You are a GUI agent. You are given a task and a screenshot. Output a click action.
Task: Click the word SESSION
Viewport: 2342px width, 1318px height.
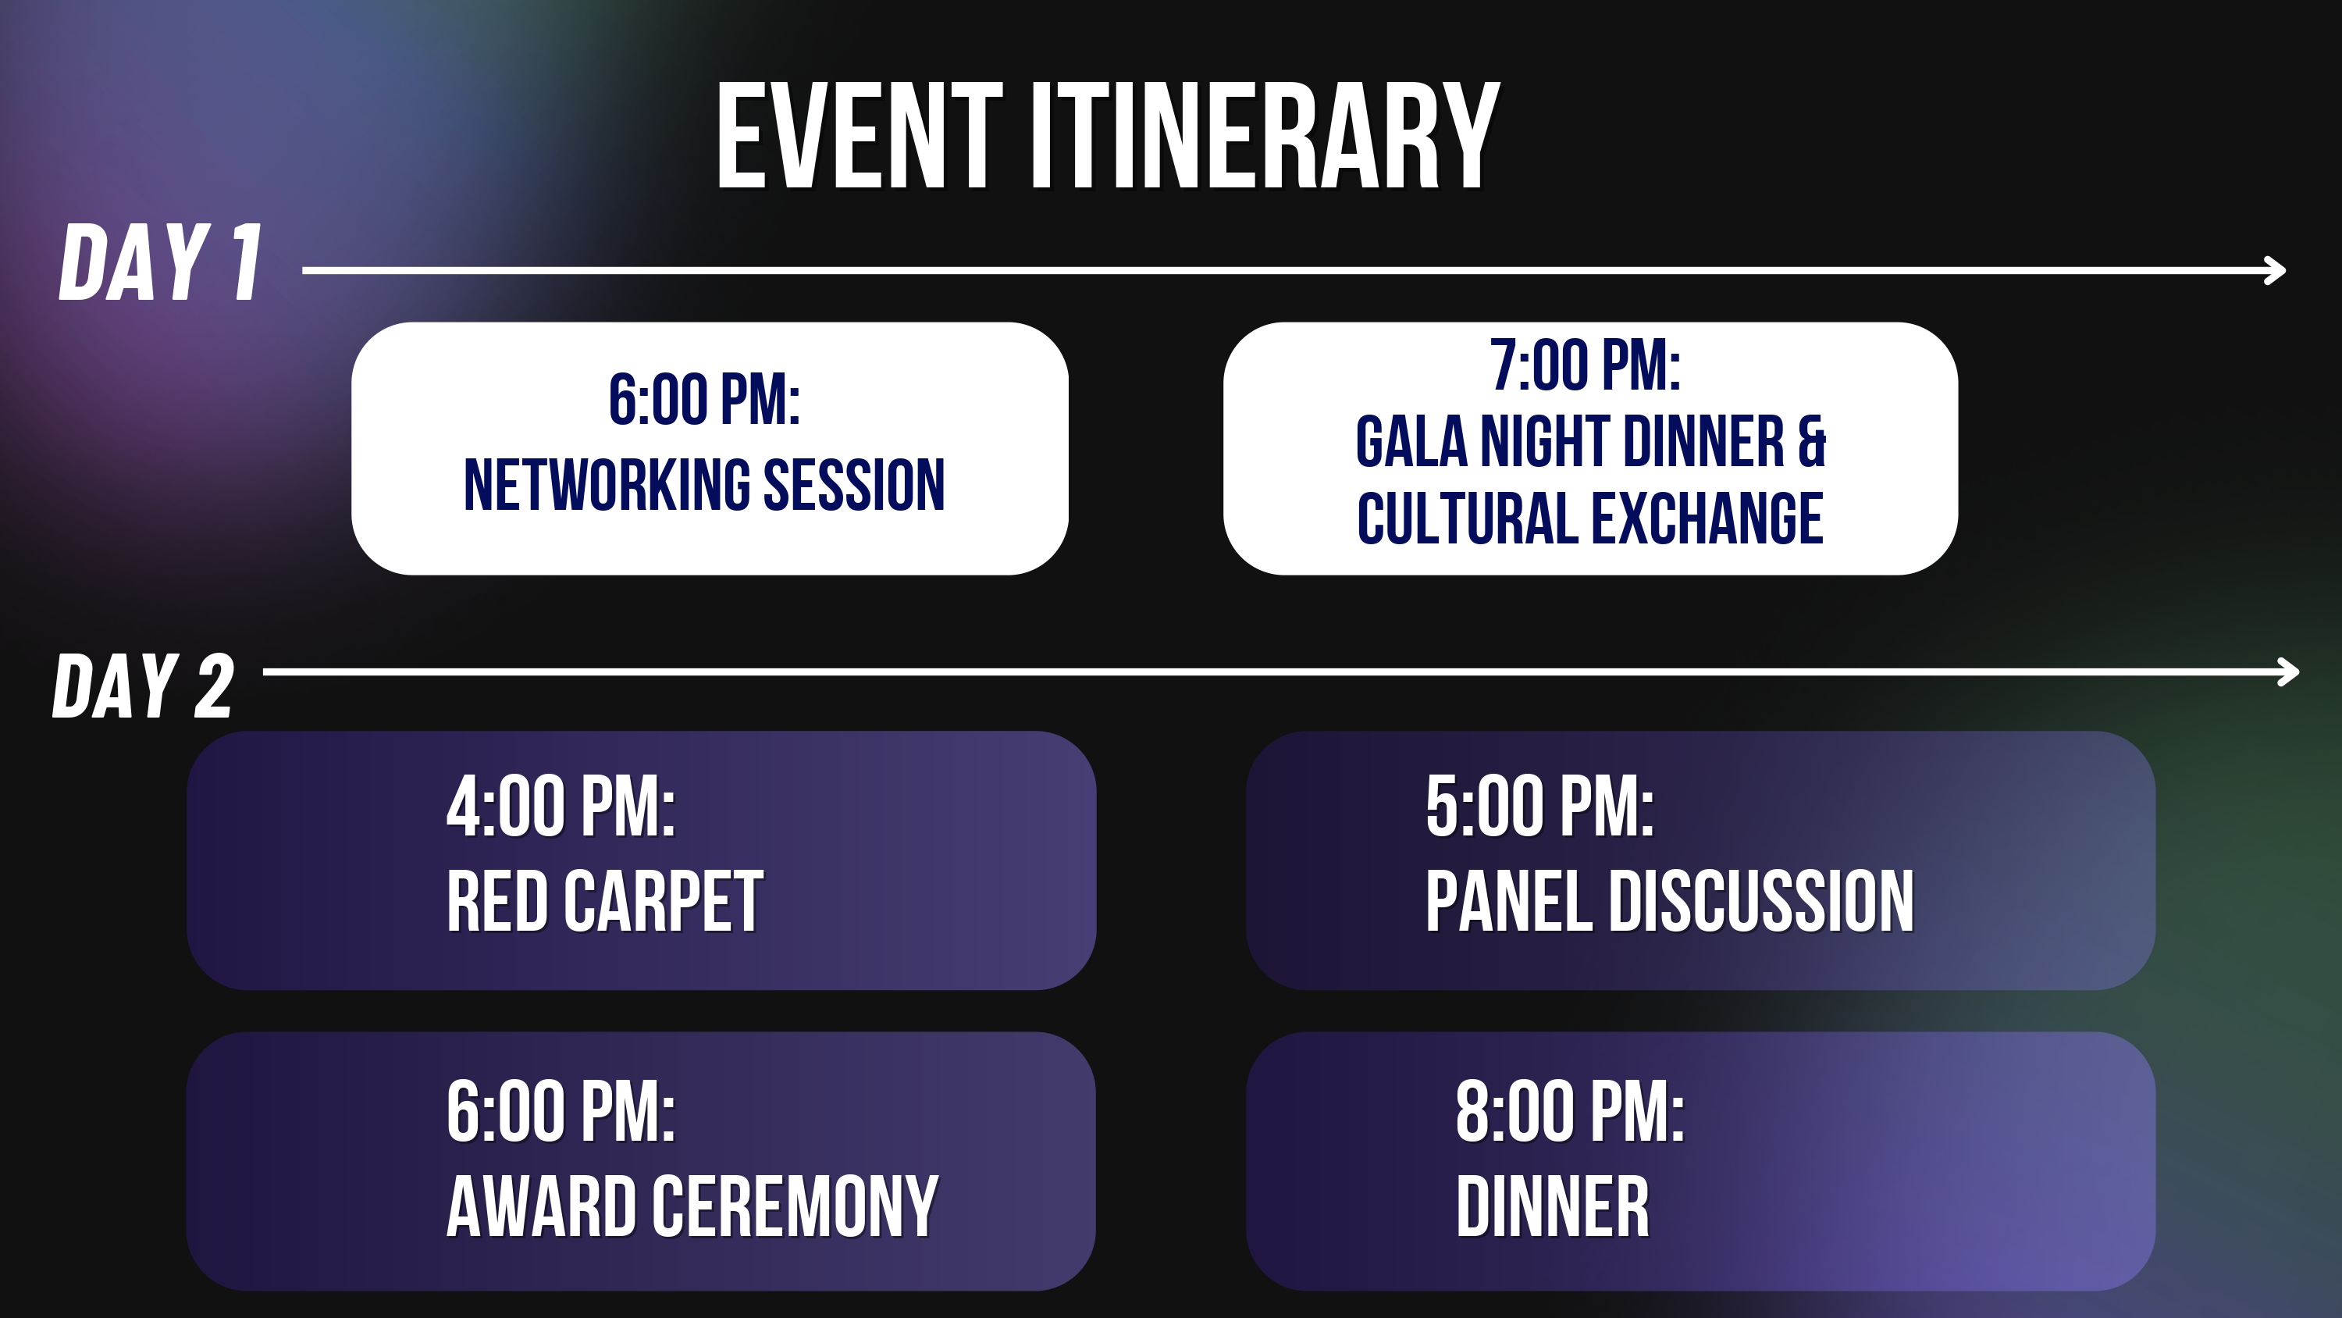(854, 485)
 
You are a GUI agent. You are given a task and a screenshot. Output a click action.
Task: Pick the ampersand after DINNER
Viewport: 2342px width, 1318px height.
(1811, 441)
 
